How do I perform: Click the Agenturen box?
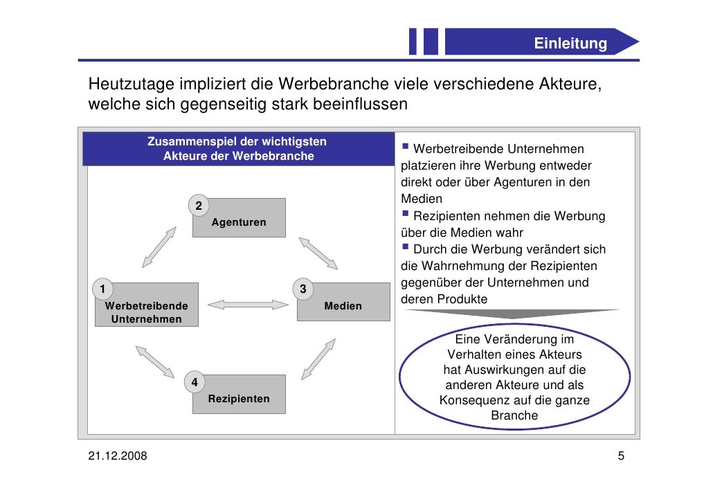tap(239, 218)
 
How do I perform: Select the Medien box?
tap(343, 303)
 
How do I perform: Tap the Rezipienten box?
tap(239, 395)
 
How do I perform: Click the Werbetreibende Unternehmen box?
tap(147, 305)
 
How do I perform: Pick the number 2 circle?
tap(199, 206)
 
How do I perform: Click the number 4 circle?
tap(195, 382)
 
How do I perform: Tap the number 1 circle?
tap(102, 289)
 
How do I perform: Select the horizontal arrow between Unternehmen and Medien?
tap(247, 304)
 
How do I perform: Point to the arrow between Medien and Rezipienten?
tap(318, 359)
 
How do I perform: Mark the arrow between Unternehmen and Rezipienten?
tap(155, 360)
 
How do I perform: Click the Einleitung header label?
tap(570, 44)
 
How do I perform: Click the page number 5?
tap(621, 456)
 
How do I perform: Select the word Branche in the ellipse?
tap(514, 415)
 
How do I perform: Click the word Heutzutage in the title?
tap(131, 85)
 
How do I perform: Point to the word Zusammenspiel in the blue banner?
tap(189, 142)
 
